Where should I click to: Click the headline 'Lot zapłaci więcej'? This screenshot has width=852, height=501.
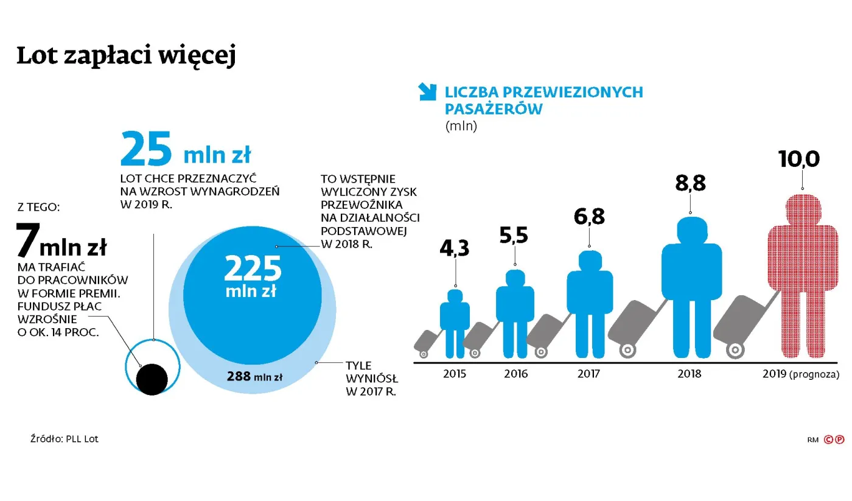[125, 55]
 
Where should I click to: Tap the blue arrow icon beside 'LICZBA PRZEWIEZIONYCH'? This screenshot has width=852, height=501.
[428, 92]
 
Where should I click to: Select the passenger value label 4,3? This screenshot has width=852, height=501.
[455, 249]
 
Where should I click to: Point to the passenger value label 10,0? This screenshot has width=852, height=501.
[799, 159]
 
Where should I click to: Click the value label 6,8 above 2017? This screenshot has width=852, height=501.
[588, 217]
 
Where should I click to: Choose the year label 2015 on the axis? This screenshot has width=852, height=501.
[455, 374]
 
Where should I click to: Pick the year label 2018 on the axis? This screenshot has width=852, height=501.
[689, 374]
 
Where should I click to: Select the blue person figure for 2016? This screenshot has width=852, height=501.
[515, 310]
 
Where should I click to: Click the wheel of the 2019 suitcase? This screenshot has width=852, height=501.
[735, 350]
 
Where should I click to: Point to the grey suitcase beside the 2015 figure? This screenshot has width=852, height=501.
[427, 341]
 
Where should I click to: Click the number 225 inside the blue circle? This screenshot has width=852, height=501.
[253, 268]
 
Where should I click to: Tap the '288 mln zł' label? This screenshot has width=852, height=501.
[254, 376]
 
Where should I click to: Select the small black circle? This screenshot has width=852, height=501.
[152, 379]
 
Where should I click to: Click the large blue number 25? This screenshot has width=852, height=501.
[146, 150]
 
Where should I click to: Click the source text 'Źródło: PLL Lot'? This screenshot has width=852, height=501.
[64, 439]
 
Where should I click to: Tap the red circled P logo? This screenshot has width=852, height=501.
[839, 439]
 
